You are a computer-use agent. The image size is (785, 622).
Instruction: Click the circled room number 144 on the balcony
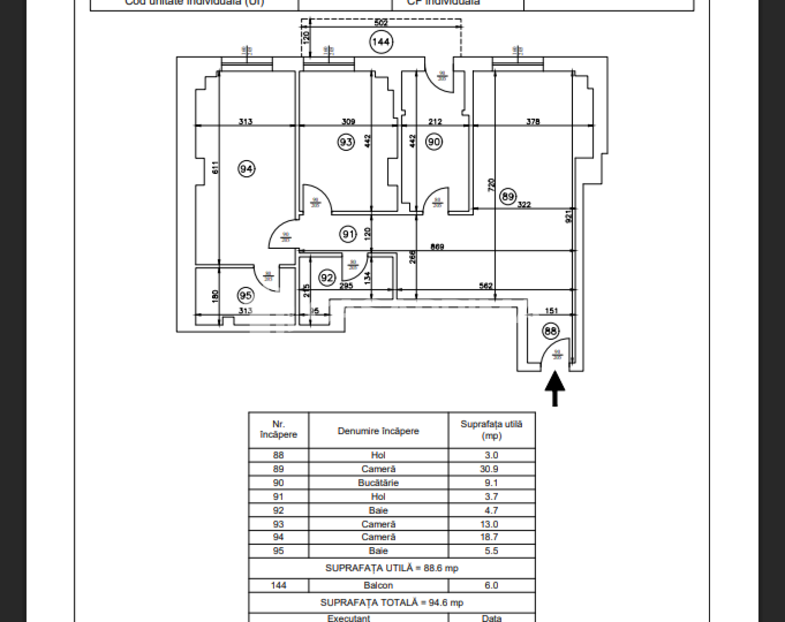pos(381,42)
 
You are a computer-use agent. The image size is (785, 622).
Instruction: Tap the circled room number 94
pos(246,169)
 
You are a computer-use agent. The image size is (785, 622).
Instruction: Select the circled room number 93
pos(346,142)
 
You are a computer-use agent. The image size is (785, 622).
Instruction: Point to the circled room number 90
pos(434,142)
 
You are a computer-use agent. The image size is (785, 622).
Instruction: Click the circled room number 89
pos(508,196)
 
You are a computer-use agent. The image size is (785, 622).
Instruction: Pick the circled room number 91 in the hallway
pos(348,234)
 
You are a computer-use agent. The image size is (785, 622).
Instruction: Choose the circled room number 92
pos(327,277)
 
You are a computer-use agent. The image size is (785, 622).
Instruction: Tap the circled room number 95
pos(245,295)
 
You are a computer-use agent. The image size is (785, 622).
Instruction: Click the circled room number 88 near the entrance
pos(550,331)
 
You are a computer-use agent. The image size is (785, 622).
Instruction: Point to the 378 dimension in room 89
pos(533,121)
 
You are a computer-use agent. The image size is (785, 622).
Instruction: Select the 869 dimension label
pos(437,247)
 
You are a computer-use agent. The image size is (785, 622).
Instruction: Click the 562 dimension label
pos(486,285)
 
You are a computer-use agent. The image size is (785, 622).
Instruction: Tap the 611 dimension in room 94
pos(215,167)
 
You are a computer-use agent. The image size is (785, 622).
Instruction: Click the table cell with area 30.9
pos(491,469)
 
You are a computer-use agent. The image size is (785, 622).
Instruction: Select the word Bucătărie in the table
pos(378,483)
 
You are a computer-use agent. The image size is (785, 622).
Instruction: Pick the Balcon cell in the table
pos(378,585)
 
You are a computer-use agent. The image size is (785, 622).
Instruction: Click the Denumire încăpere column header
pos(378,431)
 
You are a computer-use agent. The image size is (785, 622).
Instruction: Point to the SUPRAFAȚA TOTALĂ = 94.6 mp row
pos(392,603)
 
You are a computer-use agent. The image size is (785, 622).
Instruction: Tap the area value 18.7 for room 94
pos(491,537)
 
